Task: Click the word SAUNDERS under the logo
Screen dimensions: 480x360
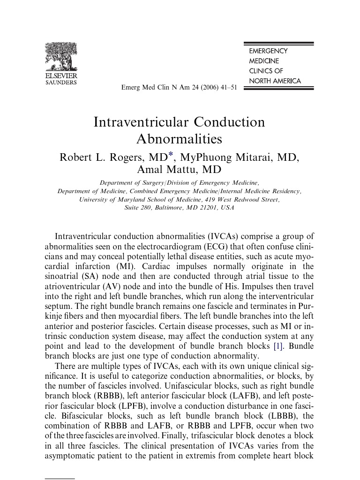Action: (x=61, y=82)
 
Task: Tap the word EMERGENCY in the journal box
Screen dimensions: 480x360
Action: (x=268, y=51)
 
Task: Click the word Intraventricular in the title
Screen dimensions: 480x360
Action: (x=140, y=122)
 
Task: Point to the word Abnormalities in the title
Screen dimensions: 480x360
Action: (x=179, y=139)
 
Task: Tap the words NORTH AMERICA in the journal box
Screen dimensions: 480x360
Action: (x=275, y=81)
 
